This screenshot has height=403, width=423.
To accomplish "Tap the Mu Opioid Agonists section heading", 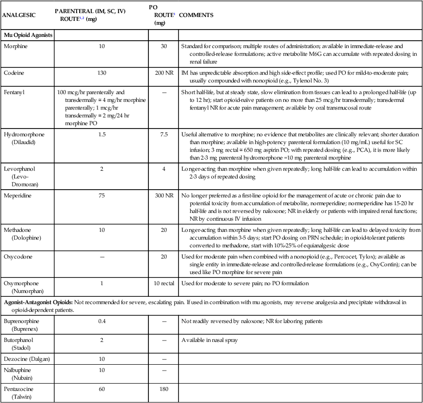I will [x=28, y=35].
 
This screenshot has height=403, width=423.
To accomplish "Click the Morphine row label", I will [x=15, y=46].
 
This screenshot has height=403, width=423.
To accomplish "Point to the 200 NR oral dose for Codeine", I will [x=163, y=72].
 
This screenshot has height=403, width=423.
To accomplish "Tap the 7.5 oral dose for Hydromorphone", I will [x=163, y=133].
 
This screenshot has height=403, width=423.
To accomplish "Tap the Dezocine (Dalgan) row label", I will [x=27, y=358].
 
